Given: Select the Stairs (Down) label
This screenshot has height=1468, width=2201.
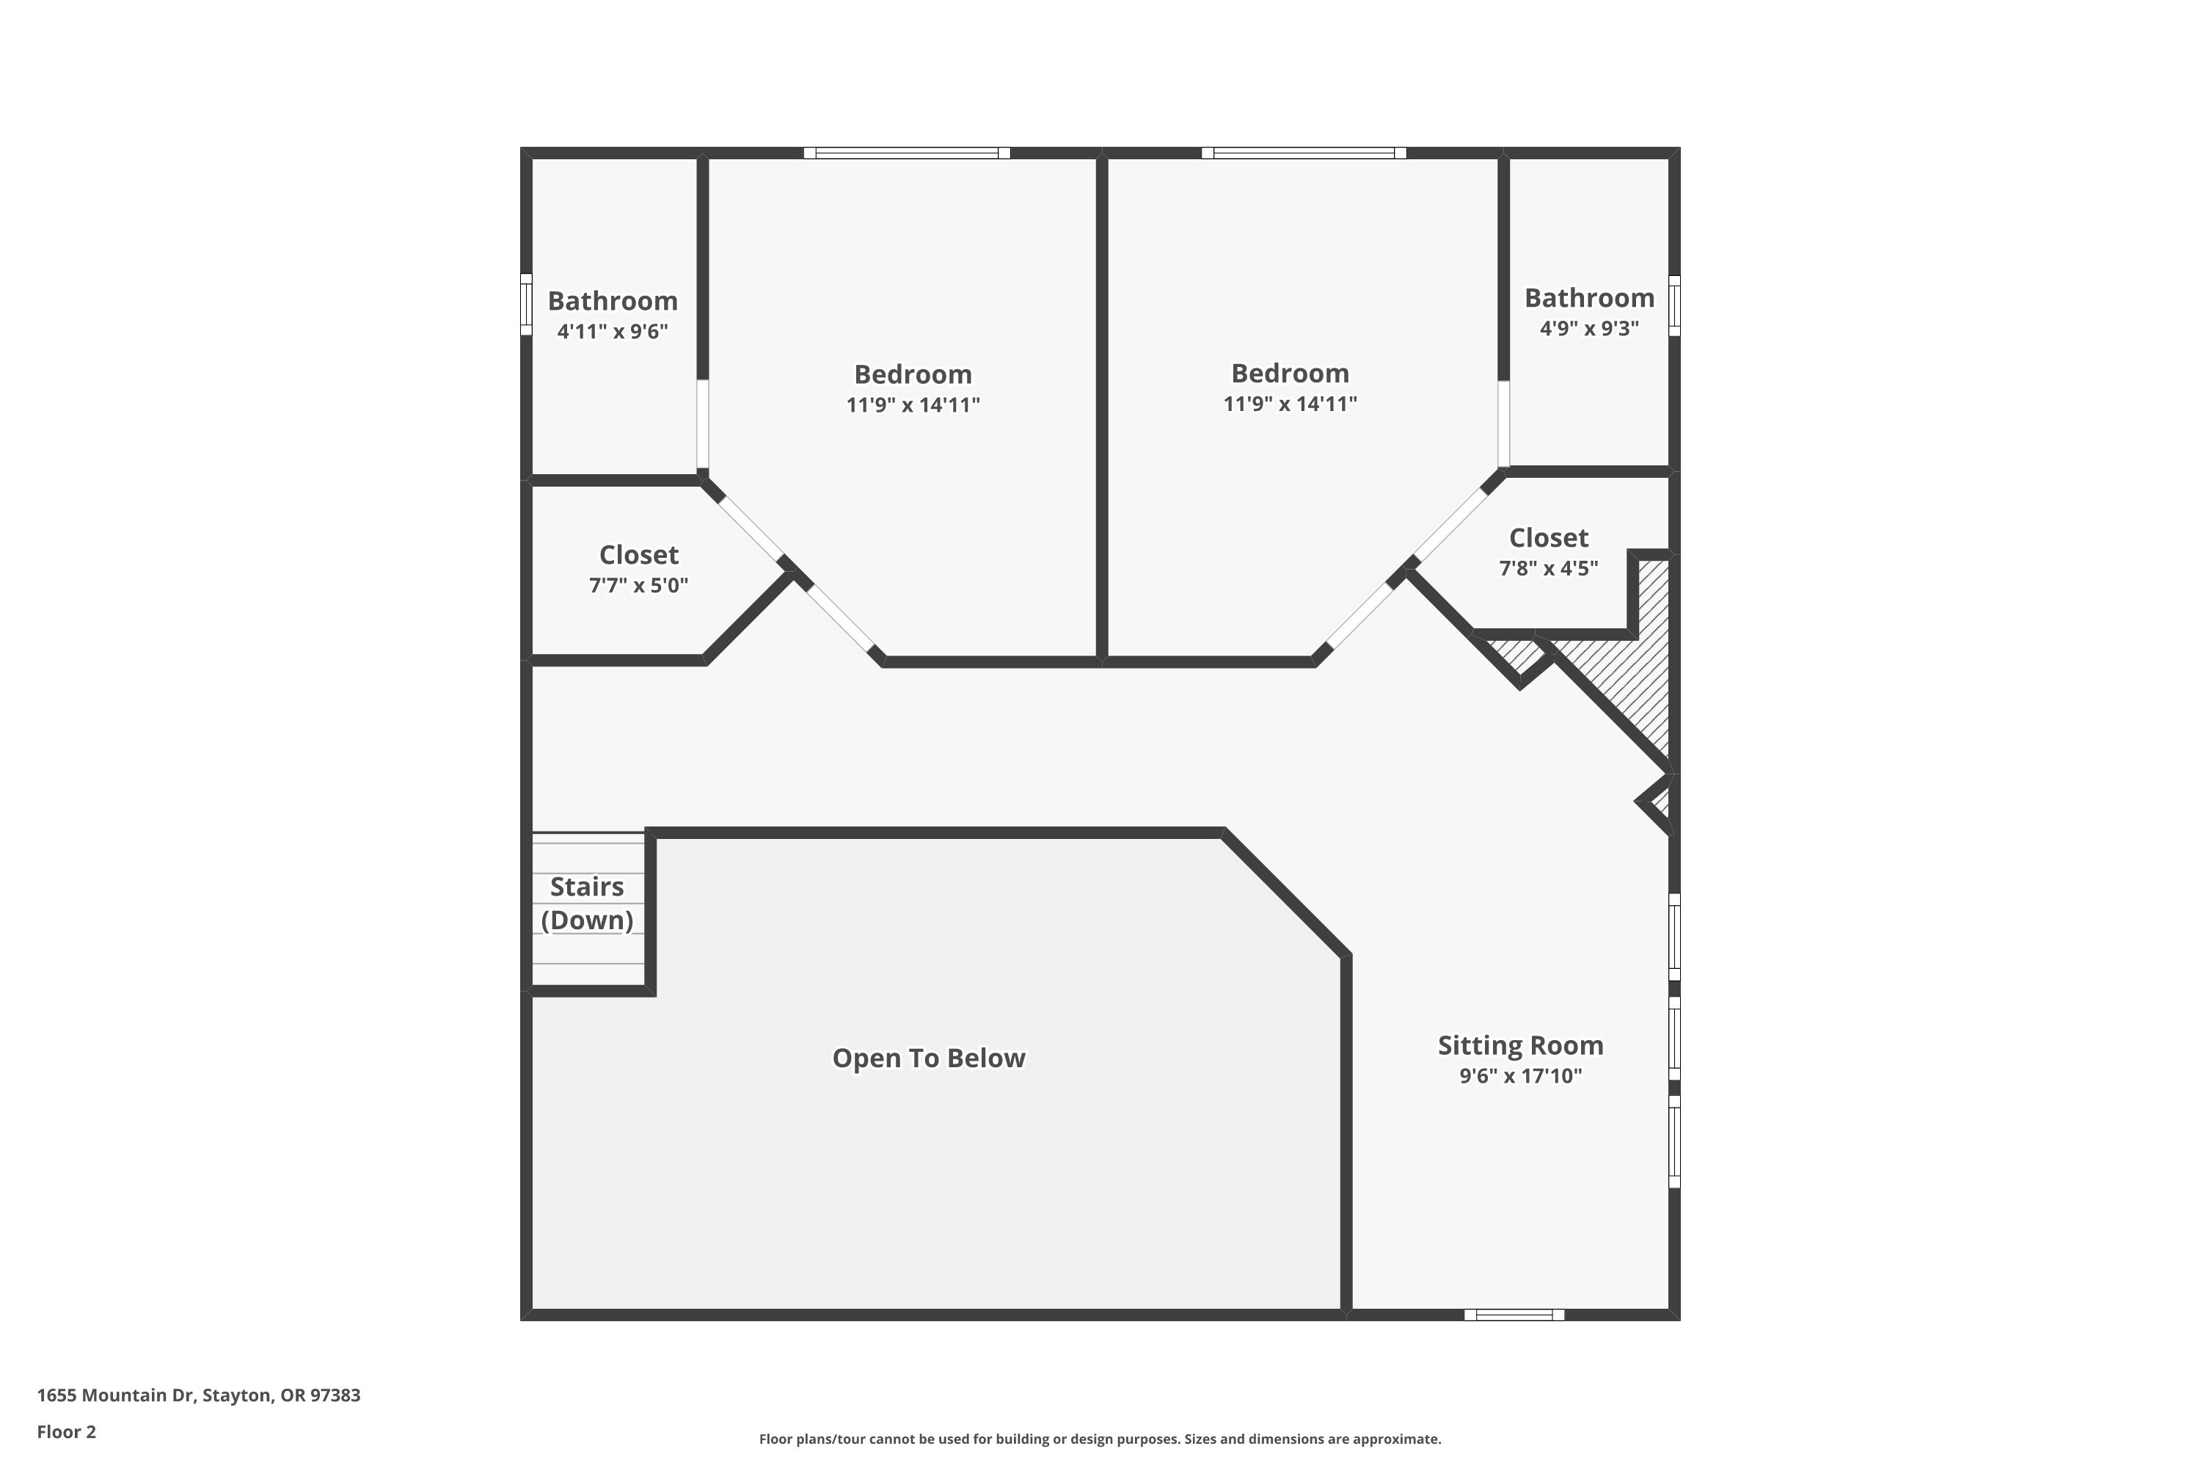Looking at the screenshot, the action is (x=587, y=903).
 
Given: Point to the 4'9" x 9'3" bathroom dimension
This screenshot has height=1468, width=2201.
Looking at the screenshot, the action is (x=1589, y=327).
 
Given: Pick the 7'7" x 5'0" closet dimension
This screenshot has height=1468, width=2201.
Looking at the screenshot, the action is (x=638, y=585).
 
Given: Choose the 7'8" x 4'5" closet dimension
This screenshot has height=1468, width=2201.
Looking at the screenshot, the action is (x=1548, y=568).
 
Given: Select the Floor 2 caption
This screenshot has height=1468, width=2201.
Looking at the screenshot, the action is (x=67, y=1431).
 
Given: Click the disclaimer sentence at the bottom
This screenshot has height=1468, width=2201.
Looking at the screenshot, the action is (x=1100, y=1439).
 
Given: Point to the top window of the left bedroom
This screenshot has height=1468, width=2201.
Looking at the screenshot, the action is (x=907, y=153).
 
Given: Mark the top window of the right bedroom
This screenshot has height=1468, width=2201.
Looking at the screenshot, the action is (x=1304, y=153).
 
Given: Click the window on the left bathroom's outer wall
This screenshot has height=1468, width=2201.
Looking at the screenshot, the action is (x=526, y=305).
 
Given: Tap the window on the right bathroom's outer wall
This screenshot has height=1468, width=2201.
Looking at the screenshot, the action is (x=1674, y=305).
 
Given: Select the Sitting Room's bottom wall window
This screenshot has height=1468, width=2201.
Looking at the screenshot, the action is (x=1514, y=1315).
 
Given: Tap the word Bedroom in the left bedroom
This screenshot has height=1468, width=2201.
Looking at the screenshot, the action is (x=913, y=374).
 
